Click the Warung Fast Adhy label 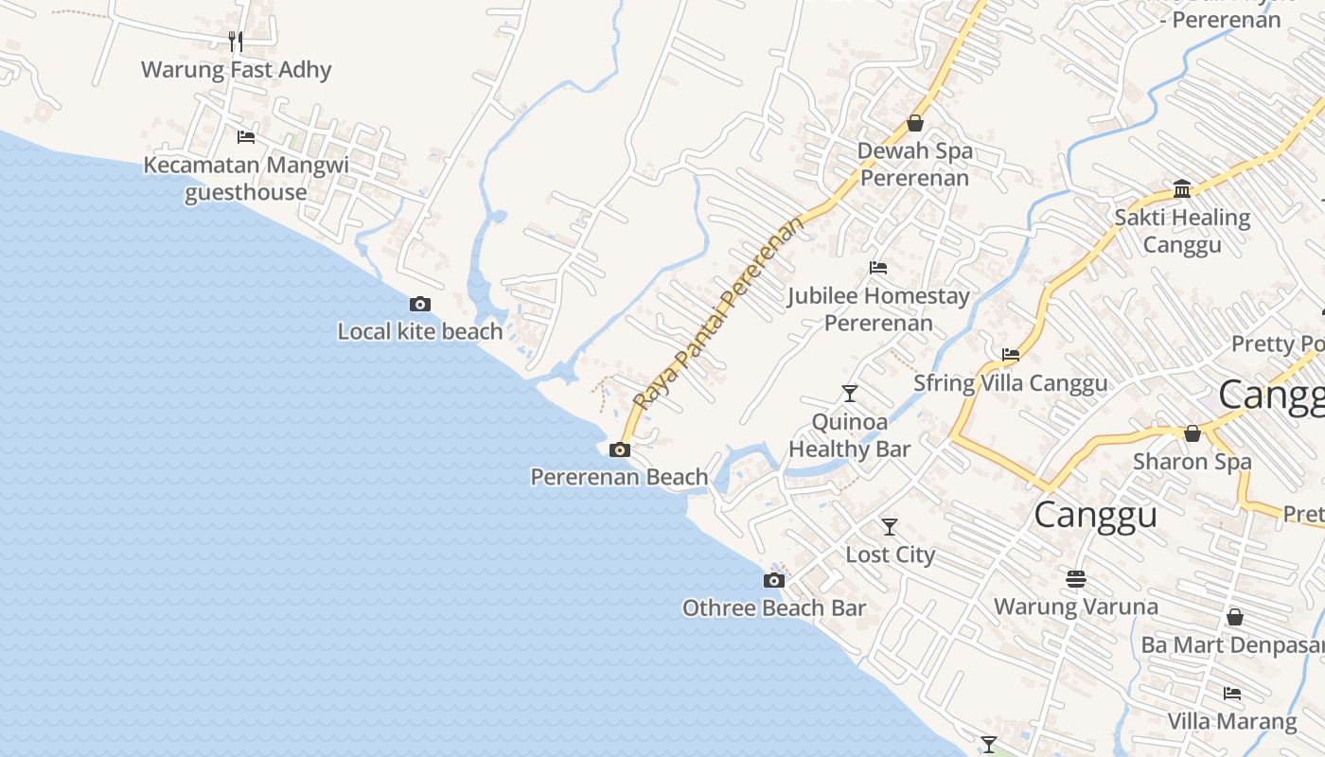(x=236, y=70)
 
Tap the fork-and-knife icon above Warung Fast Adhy (x=236, y=41)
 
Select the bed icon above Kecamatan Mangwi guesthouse (x=246, y=136)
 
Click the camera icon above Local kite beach (x=420, y=304)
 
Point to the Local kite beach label (x=420, y=331)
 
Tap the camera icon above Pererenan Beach (x=620, y=449)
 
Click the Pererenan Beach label (x=619, y=477)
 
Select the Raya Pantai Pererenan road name (x=718, y=312)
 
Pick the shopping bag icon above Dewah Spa (x=915, y=123)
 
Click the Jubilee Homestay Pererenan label (x=878, y=309)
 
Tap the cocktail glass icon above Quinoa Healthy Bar (x=850, y=393)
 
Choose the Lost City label (x=890, y=555)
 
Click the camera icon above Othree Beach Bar (x=774, y=580)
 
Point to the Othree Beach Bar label (x=774, y=607)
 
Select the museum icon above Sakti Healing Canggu (x=1182, y=189)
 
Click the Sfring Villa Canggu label (x=1010, y=383)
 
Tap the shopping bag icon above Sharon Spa (x=1192, y=433)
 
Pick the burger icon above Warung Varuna (x=1075, y=578)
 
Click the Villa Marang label (x=1231, y=721)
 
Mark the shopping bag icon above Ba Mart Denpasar (x=1235, y=617)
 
